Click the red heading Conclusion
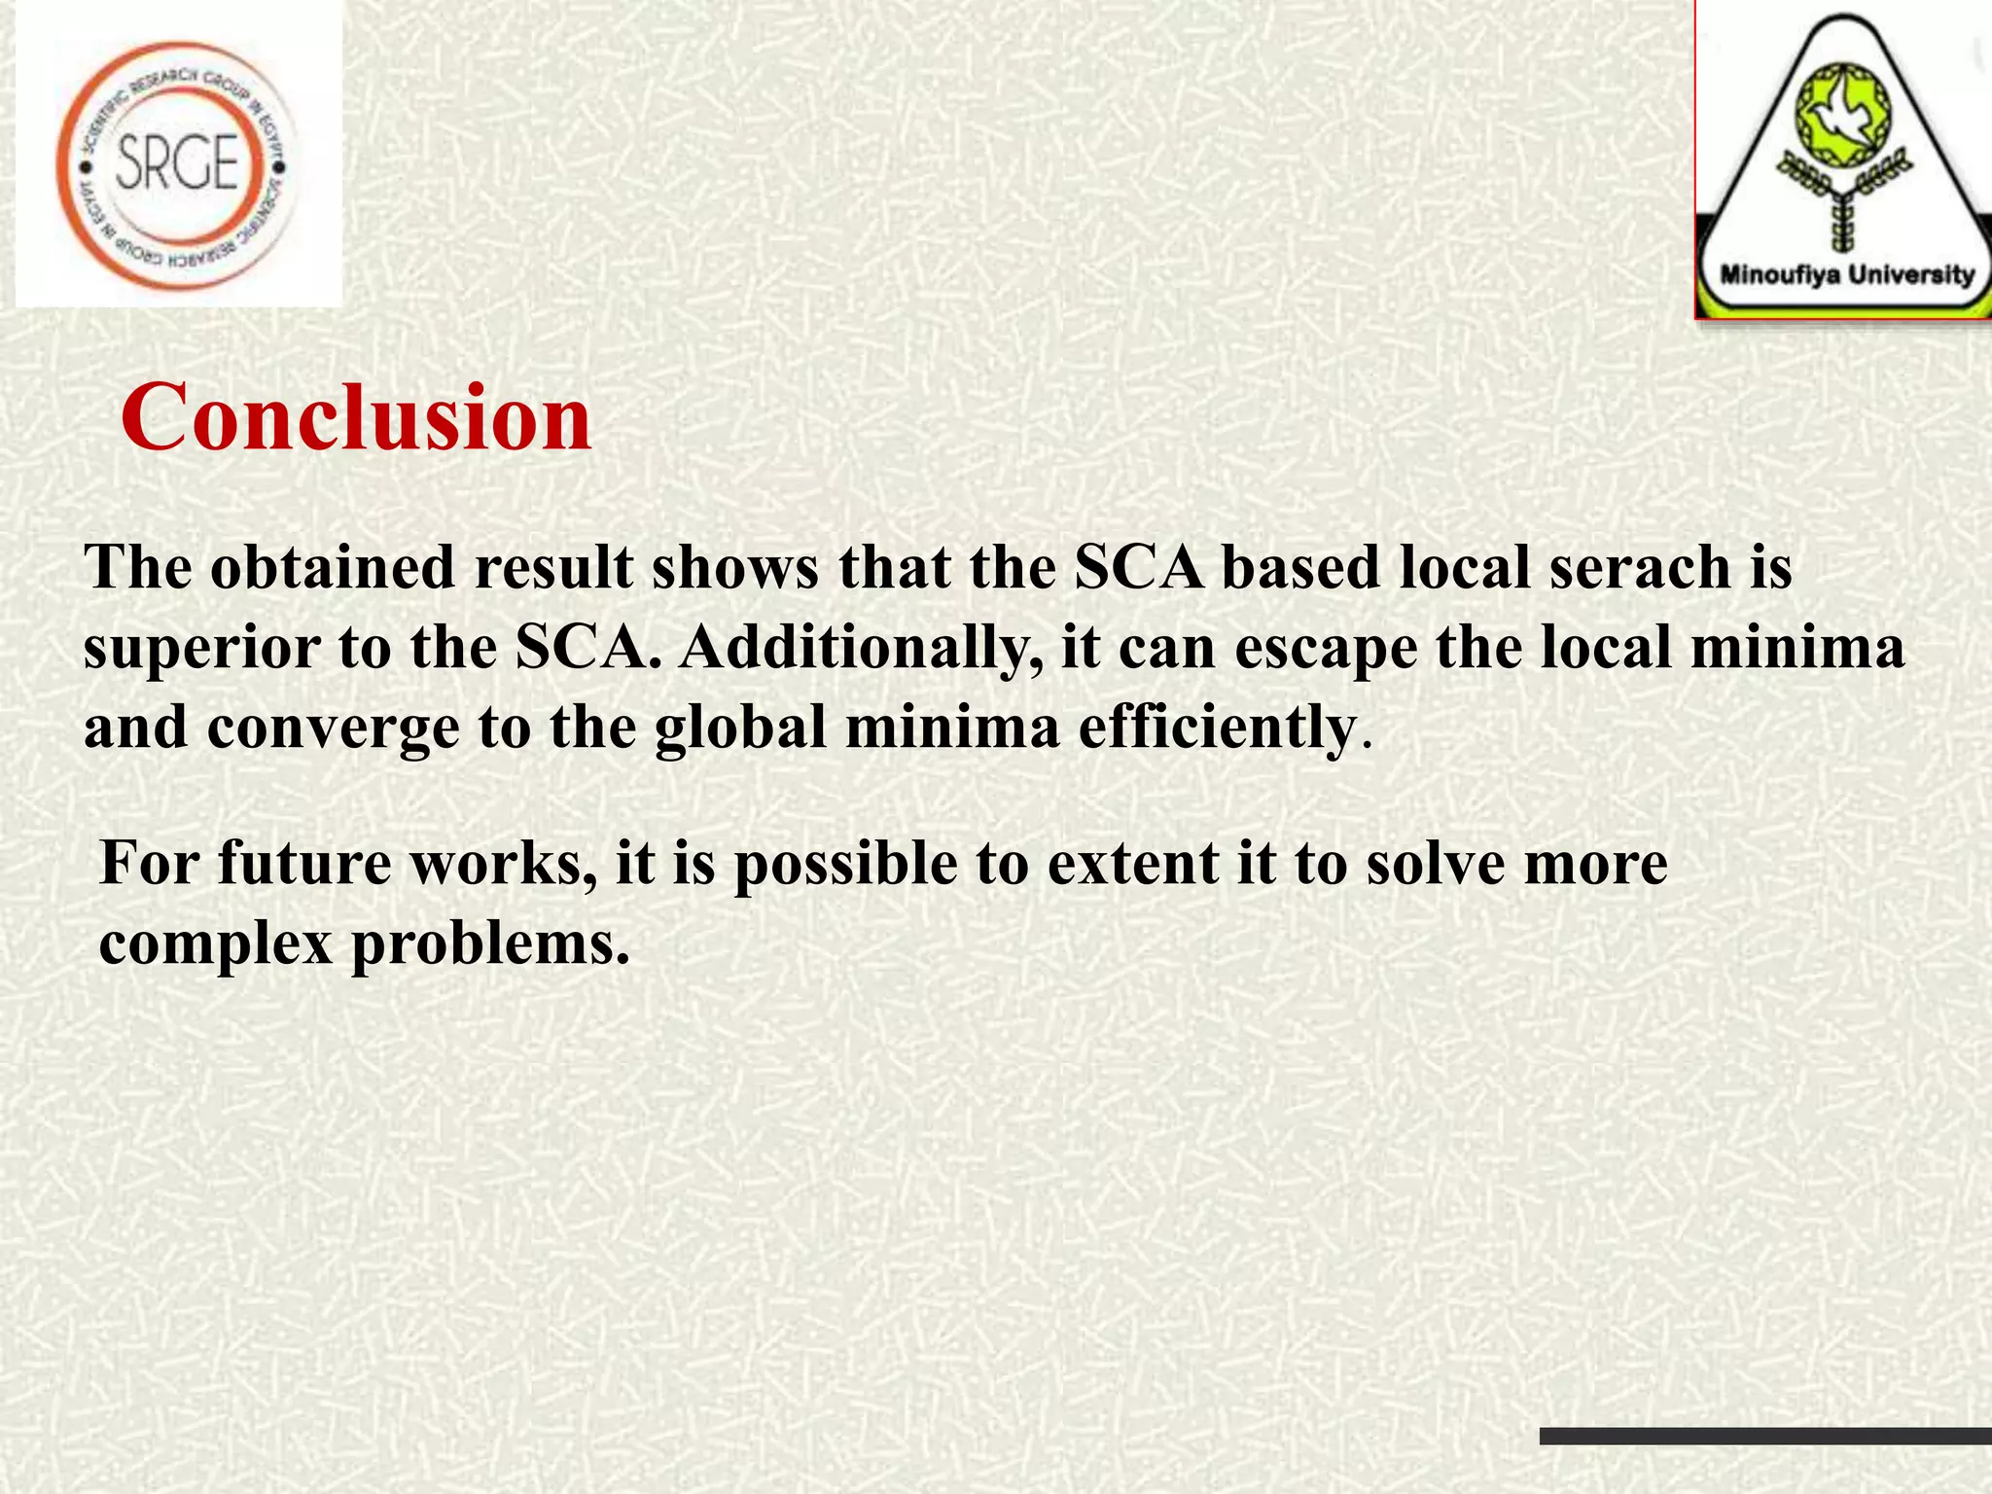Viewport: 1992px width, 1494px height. click(356, 418)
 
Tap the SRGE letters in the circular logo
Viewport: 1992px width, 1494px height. click(177, 162)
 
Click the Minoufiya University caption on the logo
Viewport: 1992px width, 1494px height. click(1846, 275)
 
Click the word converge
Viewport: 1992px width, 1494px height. click(333, 728)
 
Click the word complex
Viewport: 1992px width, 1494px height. click(216, 943)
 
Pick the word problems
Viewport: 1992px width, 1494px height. click(490, 943)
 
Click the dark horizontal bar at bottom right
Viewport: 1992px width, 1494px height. click(1765, 1436)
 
